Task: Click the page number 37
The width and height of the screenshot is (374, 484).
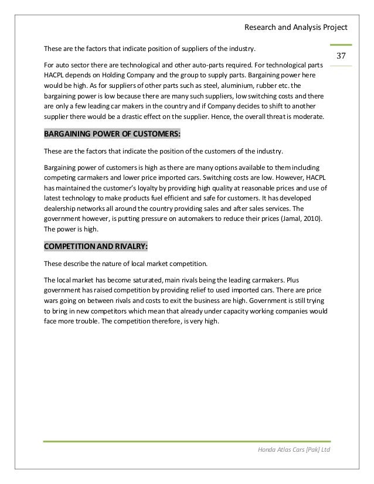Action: [x=343, y=56]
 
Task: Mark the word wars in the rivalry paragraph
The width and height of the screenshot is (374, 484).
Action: [x=53, y=300]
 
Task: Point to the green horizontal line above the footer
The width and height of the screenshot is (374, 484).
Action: [x=186, y=441]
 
